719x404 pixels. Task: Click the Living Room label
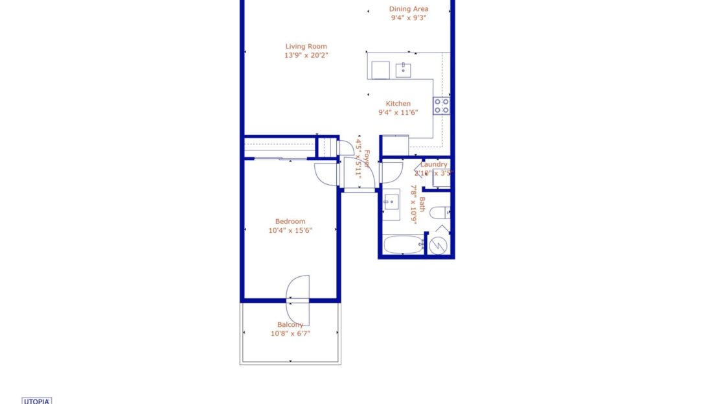(306, 46)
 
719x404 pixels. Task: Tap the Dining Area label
(409, 9)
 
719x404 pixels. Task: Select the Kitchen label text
(398, 104)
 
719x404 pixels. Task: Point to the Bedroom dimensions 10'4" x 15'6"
(290, 230)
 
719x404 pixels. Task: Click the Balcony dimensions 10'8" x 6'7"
(291, 333)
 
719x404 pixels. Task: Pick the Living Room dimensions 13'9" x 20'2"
(306, 55)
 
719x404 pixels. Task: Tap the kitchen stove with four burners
(442, 106)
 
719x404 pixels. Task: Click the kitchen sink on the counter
(403, 69)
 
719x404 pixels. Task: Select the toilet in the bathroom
(440, 213)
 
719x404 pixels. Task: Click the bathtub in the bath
(402, 245)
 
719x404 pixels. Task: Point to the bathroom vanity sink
(391, 200)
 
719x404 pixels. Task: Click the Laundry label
(433, 165)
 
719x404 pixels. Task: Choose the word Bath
(422, 205)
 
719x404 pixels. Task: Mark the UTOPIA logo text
(37, 401)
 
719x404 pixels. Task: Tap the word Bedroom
(290, 221)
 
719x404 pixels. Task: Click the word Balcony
(290, 325)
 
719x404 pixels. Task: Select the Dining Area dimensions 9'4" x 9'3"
(409, 18)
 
